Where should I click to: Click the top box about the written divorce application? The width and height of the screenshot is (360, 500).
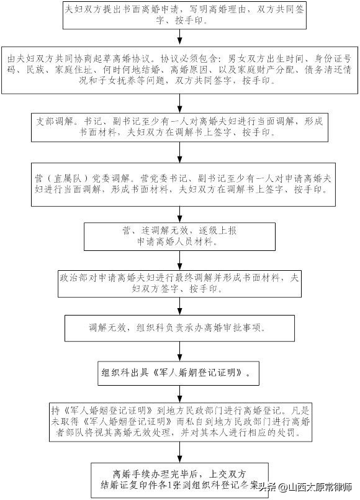(x=179, y=16)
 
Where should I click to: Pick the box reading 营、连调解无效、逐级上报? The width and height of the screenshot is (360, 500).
(x=179, y=235)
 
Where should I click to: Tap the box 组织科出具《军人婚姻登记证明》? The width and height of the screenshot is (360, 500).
(x=179, y=374)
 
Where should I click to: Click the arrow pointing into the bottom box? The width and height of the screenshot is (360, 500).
(x=179, y=453)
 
